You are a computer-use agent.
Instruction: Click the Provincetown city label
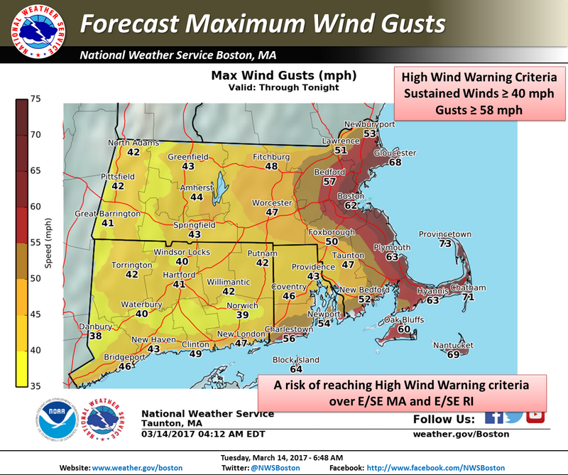pyautogui.click(x=444, y=234)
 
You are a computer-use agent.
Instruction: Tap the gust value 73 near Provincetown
pyautogui.click(x=445, y=244)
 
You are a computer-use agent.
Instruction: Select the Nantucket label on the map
pyautogui.click(x=453, y=345)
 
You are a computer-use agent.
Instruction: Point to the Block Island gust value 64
pyautogui.click(x=296, y=369)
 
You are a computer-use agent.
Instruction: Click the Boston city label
pyautogui.click(x=350, y=196)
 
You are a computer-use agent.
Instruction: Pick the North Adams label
pyautogui.click(x=133, y=143)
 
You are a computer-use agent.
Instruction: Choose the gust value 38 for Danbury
pyautogui.click(x=95, y=336)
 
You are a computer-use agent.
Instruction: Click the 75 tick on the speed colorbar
pyautogui.click(x=35, y=99)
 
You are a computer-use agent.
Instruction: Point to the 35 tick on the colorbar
pyautogui.click(x=35, y=386)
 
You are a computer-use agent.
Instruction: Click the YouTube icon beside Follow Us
pyautogui.click(x=535, y=417)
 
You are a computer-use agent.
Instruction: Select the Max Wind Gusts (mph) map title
pyautogui.click(x=283, y=75)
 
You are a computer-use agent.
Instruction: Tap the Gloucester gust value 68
pyautogui.click(x=395, y=163)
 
